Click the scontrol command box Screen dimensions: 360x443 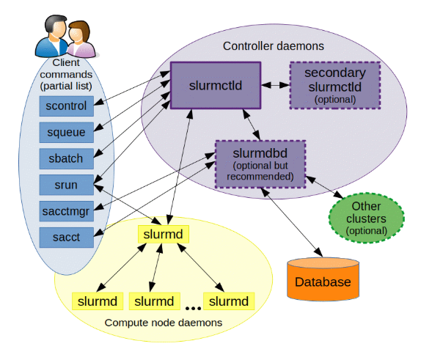(66, 106)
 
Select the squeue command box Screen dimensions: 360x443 (66, 132)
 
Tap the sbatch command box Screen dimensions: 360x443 (66, 158)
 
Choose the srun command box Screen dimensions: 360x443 (66, 184)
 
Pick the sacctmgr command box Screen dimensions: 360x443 (66, 210)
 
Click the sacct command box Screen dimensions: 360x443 (66, 236)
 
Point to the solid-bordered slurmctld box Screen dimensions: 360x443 (216, 85)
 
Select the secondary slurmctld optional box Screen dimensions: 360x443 (334, 85)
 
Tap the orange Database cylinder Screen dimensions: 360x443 (323, 279)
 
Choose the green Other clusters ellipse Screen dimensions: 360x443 (367, 218)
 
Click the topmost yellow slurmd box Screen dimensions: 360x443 (163, 235)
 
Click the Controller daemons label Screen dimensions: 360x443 (273, 46)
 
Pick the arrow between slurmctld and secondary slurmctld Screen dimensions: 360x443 (276, 85)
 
